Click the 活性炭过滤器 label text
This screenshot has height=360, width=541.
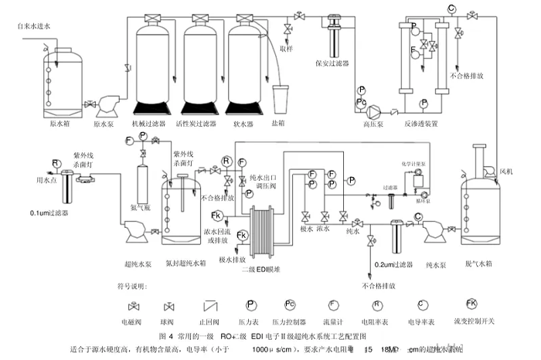pos(199,122)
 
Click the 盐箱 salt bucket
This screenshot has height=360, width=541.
pos(280,97)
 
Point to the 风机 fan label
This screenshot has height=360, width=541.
pos(505,162)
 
